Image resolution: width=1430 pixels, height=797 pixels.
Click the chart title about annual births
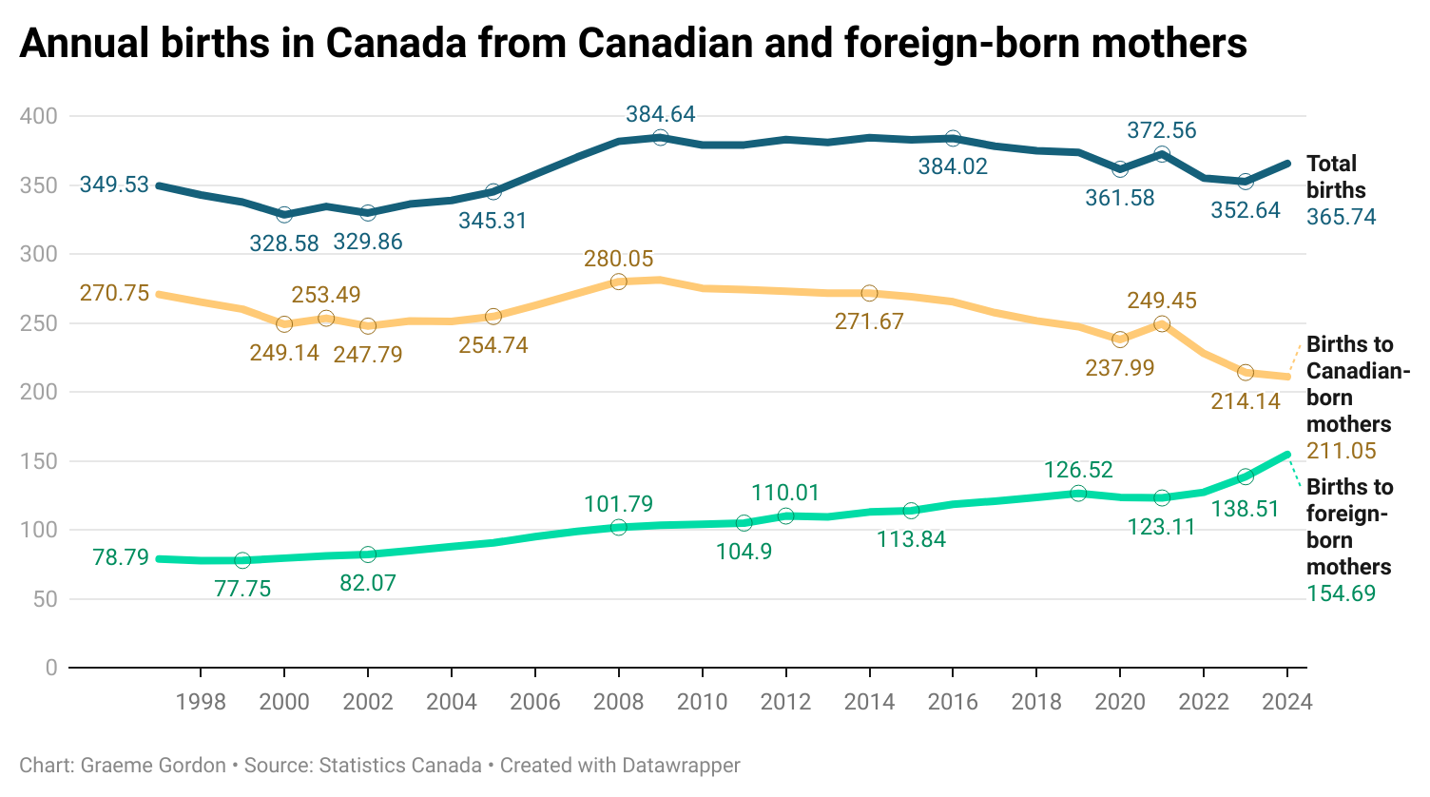[632, 44]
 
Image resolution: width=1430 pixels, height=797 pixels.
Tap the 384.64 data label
[660, 114]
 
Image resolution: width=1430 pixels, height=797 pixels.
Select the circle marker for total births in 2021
[1161, 155]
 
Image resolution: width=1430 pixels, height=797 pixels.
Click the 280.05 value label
[618, 259]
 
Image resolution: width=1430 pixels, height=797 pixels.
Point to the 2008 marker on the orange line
[618, 282]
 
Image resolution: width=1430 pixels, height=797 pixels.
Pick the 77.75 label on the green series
[242, 589]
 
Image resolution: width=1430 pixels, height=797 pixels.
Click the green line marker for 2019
[1077, 493]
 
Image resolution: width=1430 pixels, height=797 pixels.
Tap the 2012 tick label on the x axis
[785, 702]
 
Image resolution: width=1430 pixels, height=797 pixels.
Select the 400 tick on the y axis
[39, 116]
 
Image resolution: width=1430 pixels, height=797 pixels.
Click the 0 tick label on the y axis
[50, 668]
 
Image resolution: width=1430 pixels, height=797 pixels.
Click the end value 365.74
[1341, 217]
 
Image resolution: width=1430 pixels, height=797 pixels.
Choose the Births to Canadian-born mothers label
[1357, 384]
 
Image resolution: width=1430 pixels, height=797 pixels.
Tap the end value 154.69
[1341, 593]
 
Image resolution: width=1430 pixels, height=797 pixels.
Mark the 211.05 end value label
[1341, 451]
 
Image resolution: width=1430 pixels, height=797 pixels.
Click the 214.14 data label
[1245, 401]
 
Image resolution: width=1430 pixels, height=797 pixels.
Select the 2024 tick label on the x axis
[1286, 702]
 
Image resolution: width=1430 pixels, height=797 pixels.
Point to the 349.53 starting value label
[114, 185]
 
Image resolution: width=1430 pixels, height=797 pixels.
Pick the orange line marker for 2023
[1245, 372]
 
